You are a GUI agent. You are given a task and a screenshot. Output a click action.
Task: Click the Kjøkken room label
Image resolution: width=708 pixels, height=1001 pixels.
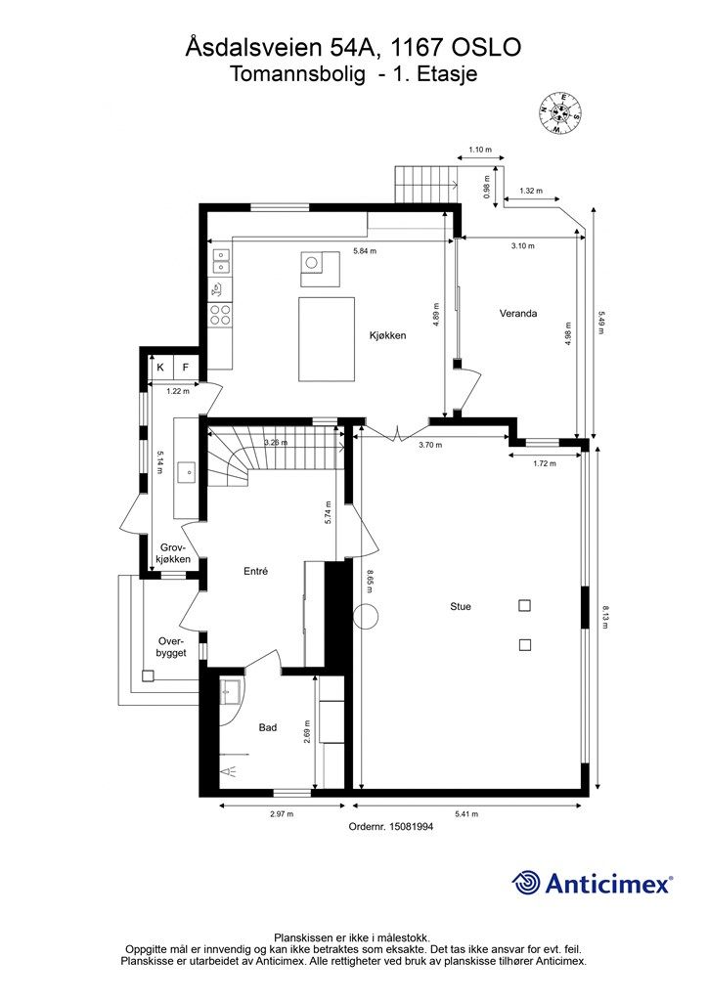click(x=387, y=335)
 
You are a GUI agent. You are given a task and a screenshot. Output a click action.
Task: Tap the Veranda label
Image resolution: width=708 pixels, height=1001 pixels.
click(x=517, y=314)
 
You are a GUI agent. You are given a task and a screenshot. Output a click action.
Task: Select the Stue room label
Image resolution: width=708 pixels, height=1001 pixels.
click(x=461, y=606)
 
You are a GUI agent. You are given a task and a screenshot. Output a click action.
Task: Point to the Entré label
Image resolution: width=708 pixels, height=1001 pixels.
click(x=255, y=571)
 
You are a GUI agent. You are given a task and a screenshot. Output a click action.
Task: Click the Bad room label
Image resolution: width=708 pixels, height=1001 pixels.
click(x=268, y=727)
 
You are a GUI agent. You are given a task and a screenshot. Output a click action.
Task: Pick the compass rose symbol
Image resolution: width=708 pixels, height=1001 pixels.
click(x=560, y=113)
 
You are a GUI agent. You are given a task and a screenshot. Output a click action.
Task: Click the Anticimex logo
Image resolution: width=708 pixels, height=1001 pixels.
click(x=592, y=883)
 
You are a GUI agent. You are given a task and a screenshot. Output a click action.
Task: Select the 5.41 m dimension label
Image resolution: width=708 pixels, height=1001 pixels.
click(x=466, y=814)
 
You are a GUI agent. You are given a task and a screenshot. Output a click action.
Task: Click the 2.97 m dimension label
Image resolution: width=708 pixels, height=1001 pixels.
click(x=282, y=814)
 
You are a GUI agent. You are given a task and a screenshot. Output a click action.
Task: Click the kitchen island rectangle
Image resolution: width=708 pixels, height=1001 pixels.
click(x=327, y=339)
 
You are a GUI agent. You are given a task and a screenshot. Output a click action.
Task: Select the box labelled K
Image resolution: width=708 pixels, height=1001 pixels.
click(x=160, y=368)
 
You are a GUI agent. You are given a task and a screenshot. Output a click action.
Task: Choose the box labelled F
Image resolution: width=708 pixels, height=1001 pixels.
click(x=186, y=368)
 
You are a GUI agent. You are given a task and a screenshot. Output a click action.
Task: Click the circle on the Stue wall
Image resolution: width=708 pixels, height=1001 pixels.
click(x=367, y=617)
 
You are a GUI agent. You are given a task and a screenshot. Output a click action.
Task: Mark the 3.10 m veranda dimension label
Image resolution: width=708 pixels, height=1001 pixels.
click(x=523, y=245)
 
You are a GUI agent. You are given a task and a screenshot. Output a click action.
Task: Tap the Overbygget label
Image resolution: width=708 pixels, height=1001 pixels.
click(x=171, y=647)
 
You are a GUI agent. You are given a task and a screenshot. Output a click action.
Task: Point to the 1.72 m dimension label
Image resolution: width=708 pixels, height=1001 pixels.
click(x=545, y=462)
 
